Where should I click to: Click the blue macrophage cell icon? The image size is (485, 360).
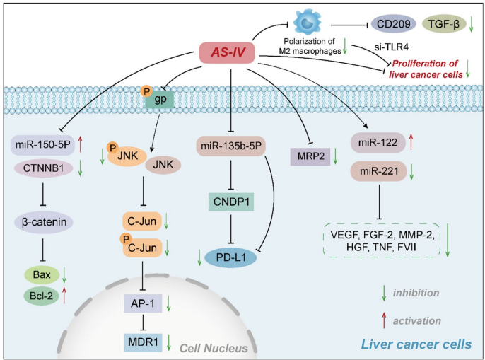tap(308, 22)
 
